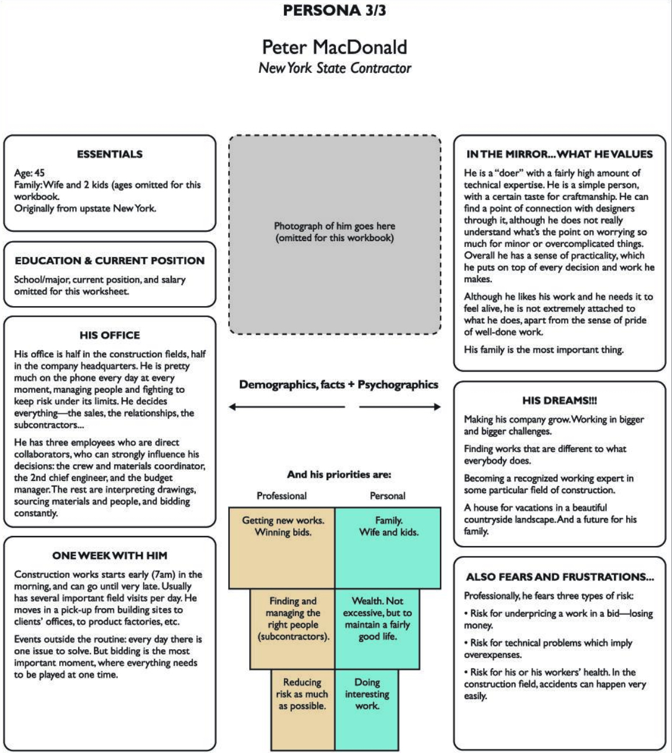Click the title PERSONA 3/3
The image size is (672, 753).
tap(334, 10)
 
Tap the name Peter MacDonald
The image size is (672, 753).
tap(334, 47)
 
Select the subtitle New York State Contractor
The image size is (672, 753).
tap(334, 68)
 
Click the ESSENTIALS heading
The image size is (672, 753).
tap(110, 154)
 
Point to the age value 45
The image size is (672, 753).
tap(39, 173)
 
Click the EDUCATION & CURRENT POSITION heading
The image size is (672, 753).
tap(110, 260)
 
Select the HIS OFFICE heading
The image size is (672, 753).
tap(110, 335)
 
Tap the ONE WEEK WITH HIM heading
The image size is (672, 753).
tap(110, 555)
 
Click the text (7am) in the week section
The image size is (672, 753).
tap(163, 575)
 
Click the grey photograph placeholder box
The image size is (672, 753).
tap(334, 235)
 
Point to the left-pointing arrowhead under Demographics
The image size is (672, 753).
tap(232, 406)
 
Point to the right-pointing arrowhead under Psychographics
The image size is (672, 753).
tap(437, 406)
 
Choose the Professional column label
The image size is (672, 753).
tap(281, 496)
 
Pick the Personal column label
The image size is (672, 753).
tap(388, 496)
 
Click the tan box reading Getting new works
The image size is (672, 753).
tap(281, 548)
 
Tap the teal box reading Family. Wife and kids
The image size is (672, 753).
tap(388, 548)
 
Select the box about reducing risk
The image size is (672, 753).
tap(303, 710)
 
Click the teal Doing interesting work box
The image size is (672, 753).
tap(367, 710)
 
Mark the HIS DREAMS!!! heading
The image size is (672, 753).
tap(559, 401)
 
